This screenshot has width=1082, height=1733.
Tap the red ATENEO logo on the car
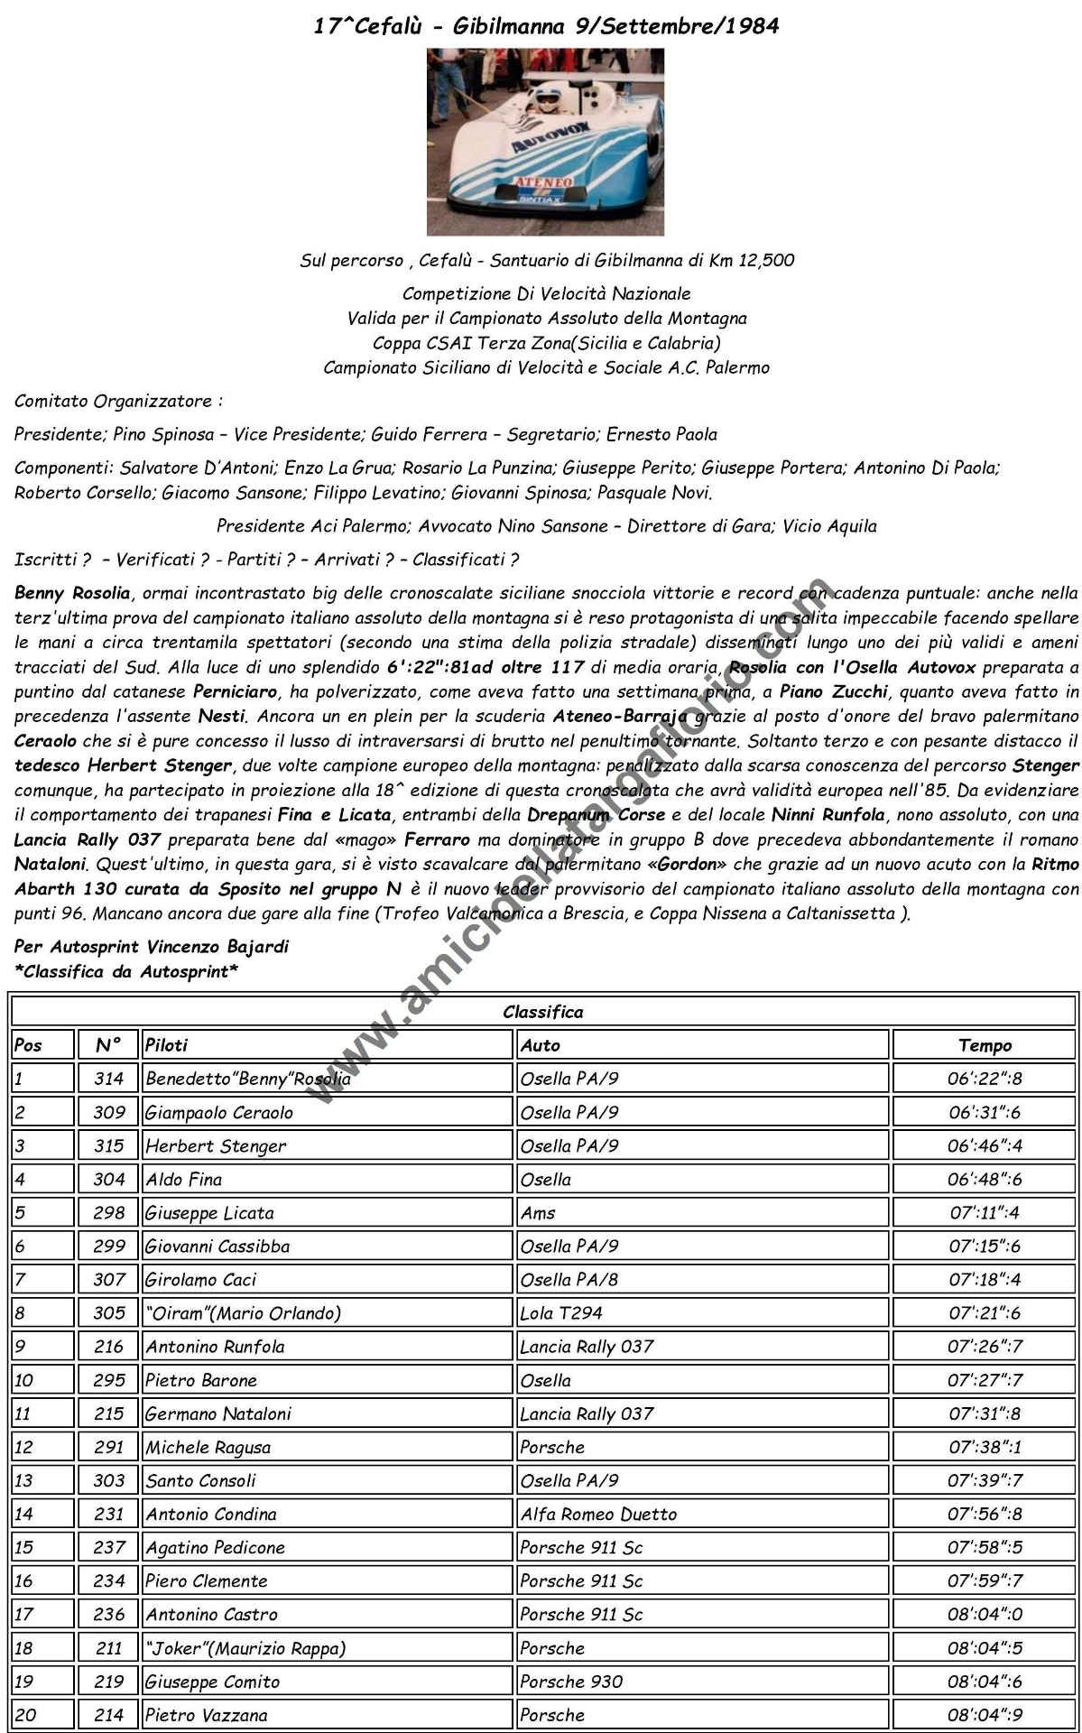pos(543,182)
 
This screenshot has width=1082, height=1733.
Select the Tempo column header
pos(985,1045)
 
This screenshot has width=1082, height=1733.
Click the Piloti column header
pos(167,1045)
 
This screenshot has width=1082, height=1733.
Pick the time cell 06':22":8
pos(985,1079)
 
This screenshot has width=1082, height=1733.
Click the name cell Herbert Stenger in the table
pos(216,1146)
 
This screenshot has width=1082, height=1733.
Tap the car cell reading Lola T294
pos(560,1313)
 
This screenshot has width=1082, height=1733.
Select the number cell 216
pos(108,1347)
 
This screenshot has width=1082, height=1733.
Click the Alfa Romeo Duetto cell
pos(598,1515)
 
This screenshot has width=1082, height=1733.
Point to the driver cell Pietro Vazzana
pos(207,1715)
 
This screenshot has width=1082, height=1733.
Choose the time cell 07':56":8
pos(985,1515)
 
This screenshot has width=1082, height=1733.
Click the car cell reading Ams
pos(538,1213)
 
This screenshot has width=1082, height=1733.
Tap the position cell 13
pos(23,1481)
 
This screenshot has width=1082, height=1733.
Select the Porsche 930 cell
pos(571,1682)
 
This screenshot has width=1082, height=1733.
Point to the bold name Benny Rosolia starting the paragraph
pos(73,594)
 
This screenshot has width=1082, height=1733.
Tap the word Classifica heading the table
pos(543,1012)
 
